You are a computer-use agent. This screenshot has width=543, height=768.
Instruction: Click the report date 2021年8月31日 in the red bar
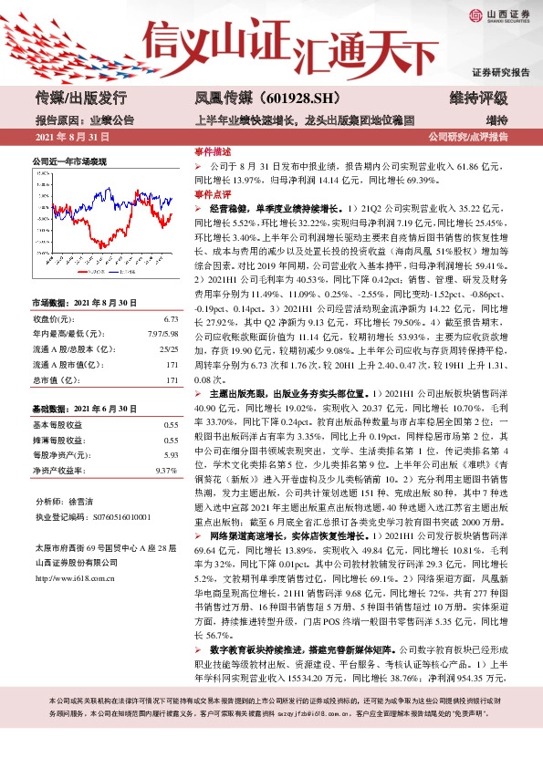[x=72, y=137]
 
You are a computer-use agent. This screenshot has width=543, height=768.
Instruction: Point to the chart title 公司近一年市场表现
[x=69, y=161]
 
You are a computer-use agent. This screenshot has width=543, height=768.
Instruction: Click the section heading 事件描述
[x=213, y=151]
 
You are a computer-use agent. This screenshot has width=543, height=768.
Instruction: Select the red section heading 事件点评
[x=213, y=194]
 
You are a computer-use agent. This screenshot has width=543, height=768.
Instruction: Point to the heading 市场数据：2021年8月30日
[x=84, y=302]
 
